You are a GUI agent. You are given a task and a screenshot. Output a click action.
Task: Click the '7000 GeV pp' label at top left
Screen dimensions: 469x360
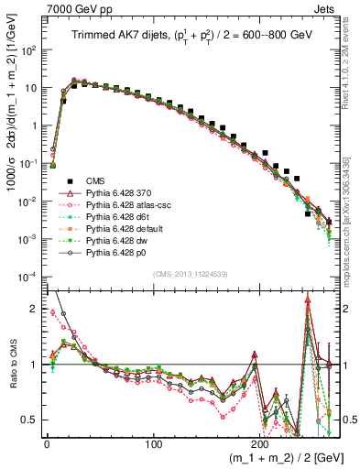coord(72,7)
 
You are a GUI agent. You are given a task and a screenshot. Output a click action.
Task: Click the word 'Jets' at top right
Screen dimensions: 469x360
coord(327,7)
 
